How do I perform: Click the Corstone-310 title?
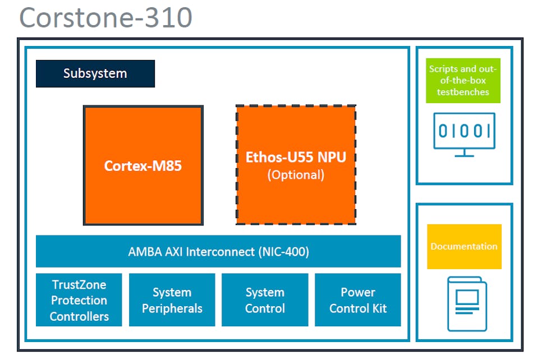(106, 17)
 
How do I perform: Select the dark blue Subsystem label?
(95, 73)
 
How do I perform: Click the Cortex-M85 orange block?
(143, 165)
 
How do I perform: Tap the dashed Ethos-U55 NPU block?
(296, 165)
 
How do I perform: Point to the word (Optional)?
(296, 174)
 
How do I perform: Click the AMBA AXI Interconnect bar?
(218, 251)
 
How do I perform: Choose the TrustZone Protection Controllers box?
(79, 300)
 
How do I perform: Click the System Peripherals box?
(172, 300)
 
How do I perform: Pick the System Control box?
(265, 300)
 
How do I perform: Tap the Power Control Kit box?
(358, 300)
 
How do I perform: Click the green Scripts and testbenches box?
(463, 80)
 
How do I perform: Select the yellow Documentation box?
(464, 246)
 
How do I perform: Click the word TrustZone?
(79, 284)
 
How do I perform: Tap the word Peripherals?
(172, 308)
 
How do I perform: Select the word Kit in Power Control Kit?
(379, 308)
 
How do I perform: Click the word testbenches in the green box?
(463, 92)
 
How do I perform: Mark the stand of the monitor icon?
(464, 153)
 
